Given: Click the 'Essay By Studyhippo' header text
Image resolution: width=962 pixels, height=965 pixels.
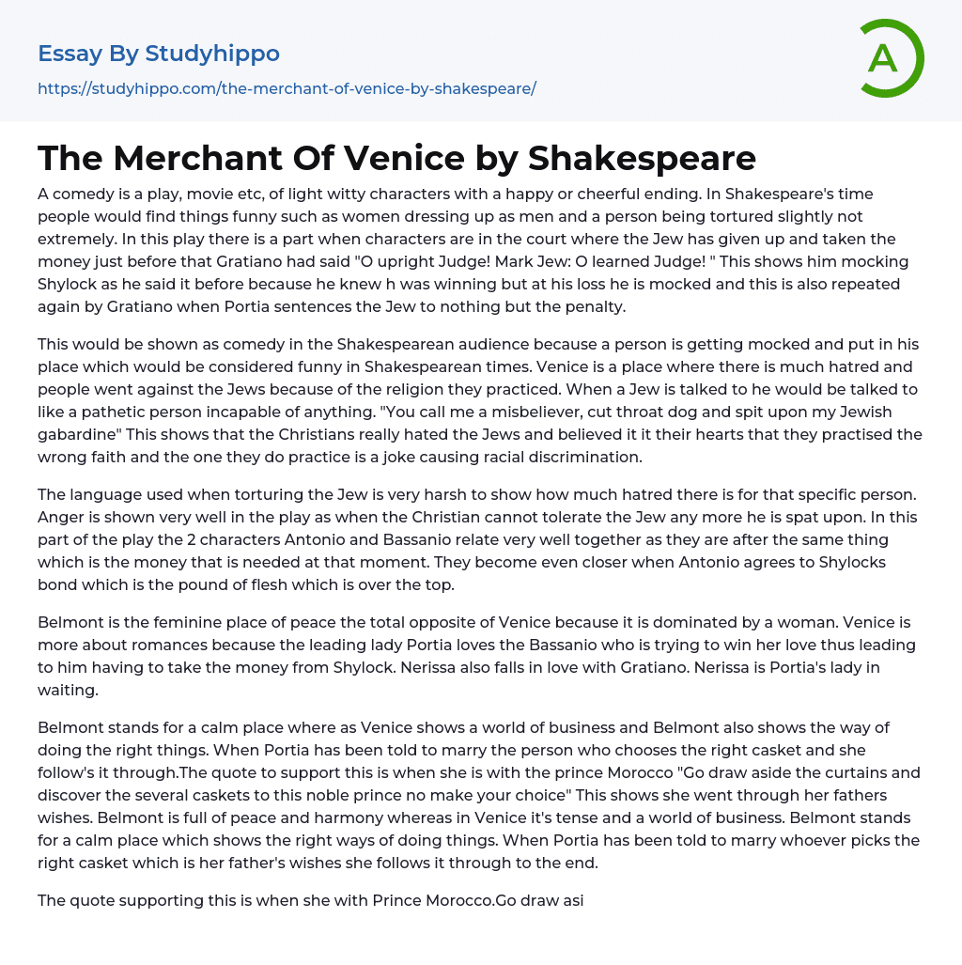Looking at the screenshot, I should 159,54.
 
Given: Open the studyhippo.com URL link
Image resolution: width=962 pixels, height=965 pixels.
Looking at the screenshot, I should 287,88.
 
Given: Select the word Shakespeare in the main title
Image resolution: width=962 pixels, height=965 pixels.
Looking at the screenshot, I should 642,158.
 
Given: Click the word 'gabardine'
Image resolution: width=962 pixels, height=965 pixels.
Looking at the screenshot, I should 81,434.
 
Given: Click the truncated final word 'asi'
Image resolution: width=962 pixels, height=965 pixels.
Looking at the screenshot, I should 572,900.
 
